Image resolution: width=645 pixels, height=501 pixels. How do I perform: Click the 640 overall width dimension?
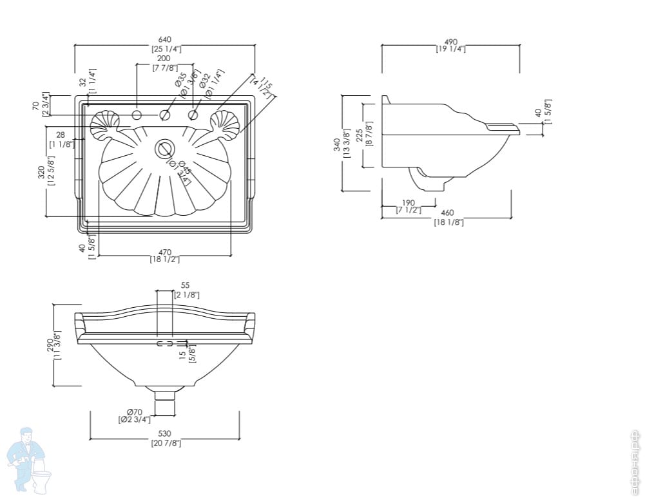165,40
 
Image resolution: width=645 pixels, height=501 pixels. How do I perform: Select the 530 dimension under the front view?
164,434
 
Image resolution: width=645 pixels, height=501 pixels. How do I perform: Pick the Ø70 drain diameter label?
134,411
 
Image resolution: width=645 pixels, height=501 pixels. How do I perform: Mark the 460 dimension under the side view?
447,213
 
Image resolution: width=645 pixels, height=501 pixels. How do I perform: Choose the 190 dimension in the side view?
409,202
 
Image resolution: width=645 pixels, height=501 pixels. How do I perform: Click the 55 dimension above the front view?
185,285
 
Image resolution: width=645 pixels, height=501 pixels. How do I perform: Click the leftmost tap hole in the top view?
137,115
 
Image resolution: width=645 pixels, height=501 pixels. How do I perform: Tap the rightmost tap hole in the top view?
193,115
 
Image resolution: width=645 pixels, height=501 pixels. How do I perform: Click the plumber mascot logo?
30,460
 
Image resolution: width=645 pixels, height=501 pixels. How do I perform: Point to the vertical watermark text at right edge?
635,460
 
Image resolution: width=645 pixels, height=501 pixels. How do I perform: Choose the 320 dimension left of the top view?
43,175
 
